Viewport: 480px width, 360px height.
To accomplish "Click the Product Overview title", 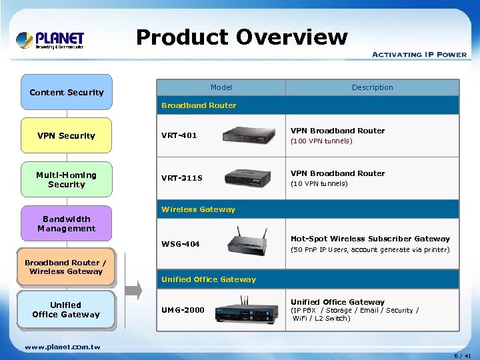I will [241, 37].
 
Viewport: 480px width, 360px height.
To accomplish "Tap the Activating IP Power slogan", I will [419, 55].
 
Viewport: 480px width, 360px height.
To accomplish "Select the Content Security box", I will [67, 92].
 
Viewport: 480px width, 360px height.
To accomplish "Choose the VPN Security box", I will [67, 135].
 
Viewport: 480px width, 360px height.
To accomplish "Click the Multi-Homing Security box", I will [67, 179].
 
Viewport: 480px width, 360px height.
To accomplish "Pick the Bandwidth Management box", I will [67, 223].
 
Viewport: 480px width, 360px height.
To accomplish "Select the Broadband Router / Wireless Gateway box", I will [66, 267].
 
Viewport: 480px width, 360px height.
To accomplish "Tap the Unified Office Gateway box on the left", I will [66, 309].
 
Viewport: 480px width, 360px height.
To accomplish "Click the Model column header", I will [221, 87].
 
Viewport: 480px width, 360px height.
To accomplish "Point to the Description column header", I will [373, 87].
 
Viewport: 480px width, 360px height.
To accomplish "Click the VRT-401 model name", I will [179, 135].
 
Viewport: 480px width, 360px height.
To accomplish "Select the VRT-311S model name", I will [182, 178].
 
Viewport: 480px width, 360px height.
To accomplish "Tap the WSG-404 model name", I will [181, 244].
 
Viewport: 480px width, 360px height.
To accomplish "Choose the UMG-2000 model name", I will [183, 310].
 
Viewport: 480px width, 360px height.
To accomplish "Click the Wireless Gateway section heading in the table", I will [199, 209].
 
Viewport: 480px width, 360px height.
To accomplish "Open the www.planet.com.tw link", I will [63, 347].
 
